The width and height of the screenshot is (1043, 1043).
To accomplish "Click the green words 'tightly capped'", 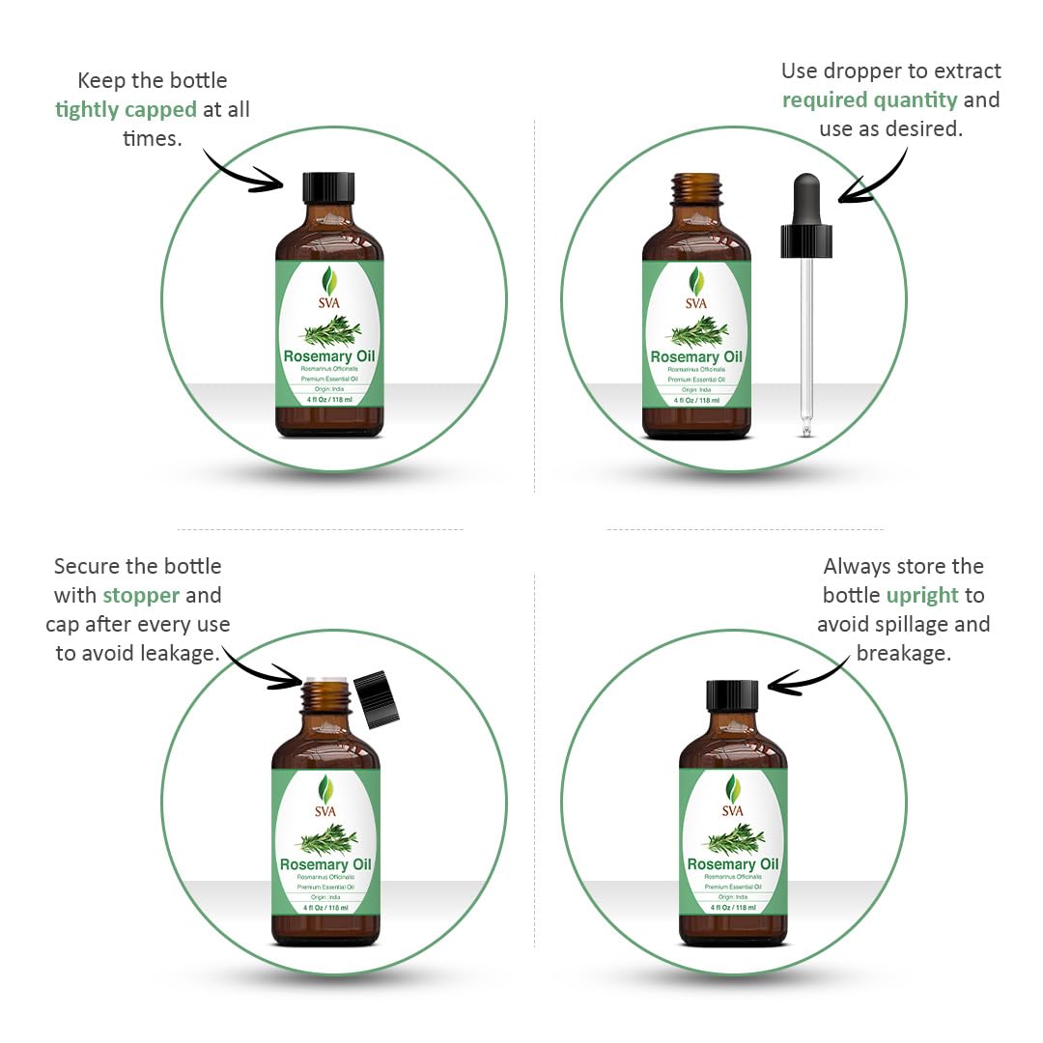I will pyautogui.click(x=126, y=109).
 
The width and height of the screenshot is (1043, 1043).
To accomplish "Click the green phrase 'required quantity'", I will pyautogui.click(x=869, y=99).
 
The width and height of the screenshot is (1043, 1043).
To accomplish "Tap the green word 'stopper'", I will pyautogui.click(x=141, y=595).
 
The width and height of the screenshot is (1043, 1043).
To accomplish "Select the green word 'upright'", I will pyautogui.click(x=922, y=595).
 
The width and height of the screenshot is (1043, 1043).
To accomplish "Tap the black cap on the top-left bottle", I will pyautogui.click(x=329, y=187).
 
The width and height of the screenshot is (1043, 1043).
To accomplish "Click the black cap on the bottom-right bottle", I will pyautogui.click(x=732, y=696).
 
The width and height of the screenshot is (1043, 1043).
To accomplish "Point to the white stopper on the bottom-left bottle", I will pyautogui.click(x=325, y=679).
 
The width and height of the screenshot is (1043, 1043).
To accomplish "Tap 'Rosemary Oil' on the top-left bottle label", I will pyautogui.click(x=329, y=356).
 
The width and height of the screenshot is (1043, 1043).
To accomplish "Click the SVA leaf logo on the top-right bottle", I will pyautogui.click(x=696, y=282).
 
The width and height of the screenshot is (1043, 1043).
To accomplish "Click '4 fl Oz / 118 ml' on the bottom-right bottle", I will pyautogui.click(x=732, y=908).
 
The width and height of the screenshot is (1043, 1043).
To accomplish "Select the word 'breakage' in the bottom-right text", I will pyautogui.click(x=903, y=654).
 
